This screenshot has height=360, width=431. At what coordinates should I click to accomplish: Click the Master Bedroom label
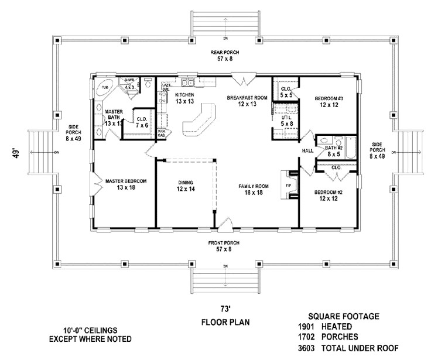click(126, 185)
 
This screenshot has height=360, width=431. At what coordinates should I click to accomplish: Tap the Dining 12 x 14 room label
click(186, 186)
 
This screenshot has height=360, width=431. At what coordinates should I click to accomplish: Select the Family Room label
click(253, 188)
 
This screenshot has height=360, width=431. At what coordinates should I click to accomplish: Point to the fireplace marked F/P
click(288, 186)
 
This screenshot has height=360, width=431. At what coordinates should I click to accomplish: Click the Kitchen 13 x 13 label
click(184, 98)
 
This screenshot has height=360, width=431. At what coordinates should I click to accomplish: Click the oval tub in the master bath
click(106, 86)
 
